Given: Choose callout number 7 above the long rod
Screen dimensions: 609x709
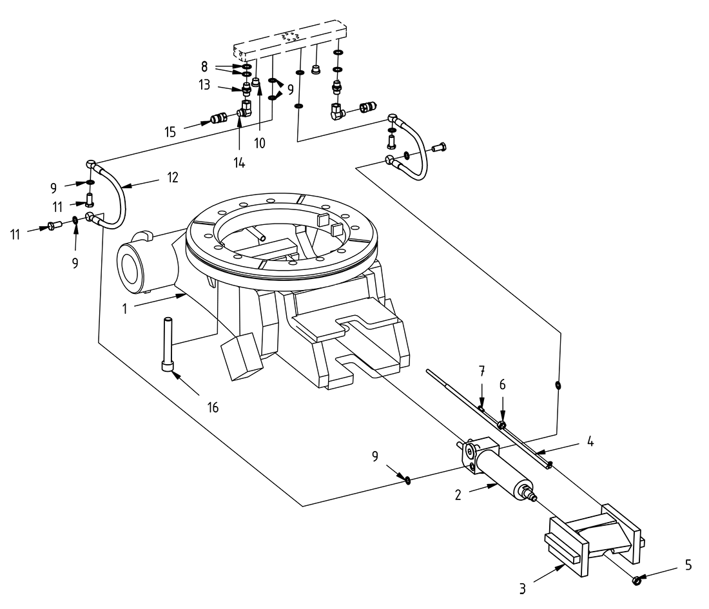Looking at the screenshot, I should coord(481,372).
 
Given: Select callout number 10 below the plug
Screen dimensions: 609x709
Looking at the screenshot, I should coord(260,142).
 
